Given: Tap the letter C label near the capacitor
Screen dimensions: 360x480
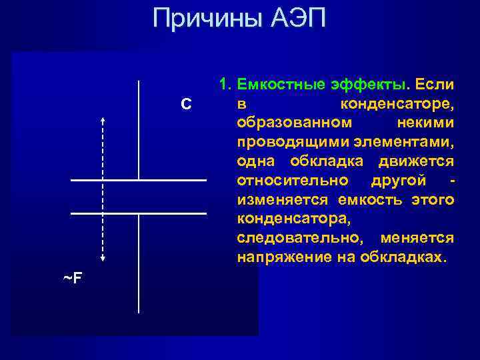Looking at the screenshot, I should [186, 104].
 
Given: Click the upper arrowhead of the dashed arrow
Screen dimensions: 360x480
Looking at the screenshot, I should [103, 119].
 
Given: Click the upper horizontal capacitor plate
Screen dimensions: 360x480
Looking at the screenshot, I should [139, 180].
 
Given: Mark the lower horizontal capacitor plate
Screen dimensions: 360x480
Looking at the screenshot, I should [139, 213].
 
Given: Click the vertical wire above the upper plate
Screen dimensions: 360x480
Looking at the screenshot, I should [139, 130].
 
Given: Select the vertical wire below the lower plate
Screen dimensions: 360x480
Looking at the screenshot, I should [139, 263].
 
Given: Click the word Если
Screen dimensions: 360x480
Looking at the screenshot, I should [434, 85].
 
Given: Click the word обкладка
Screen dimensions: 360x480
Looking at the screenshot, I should [332, 162].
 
